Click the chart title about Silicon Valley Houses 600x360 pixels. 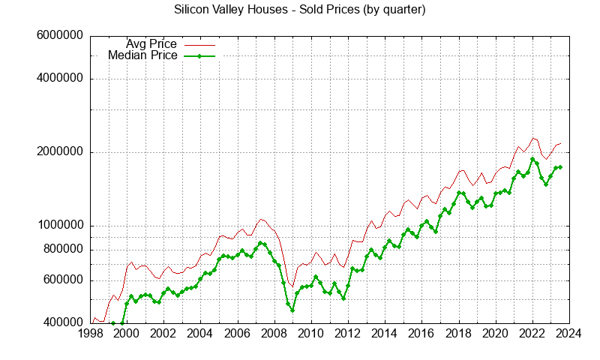pyautogui.click(x=300, y=10)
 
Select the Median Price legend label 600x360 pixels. pyautogui.click(x=142, y=55)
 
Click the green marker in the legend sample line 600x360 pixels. pyautogui.click(x=199, y=55)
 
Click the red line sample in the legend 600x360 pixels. pyautogui.click(x=199, y=44)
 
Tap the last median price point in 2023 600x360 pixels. pyautogui.click(x=560, y=167)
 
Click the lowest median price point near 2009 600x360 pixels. pyautogui.click(x=292, y=310)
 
